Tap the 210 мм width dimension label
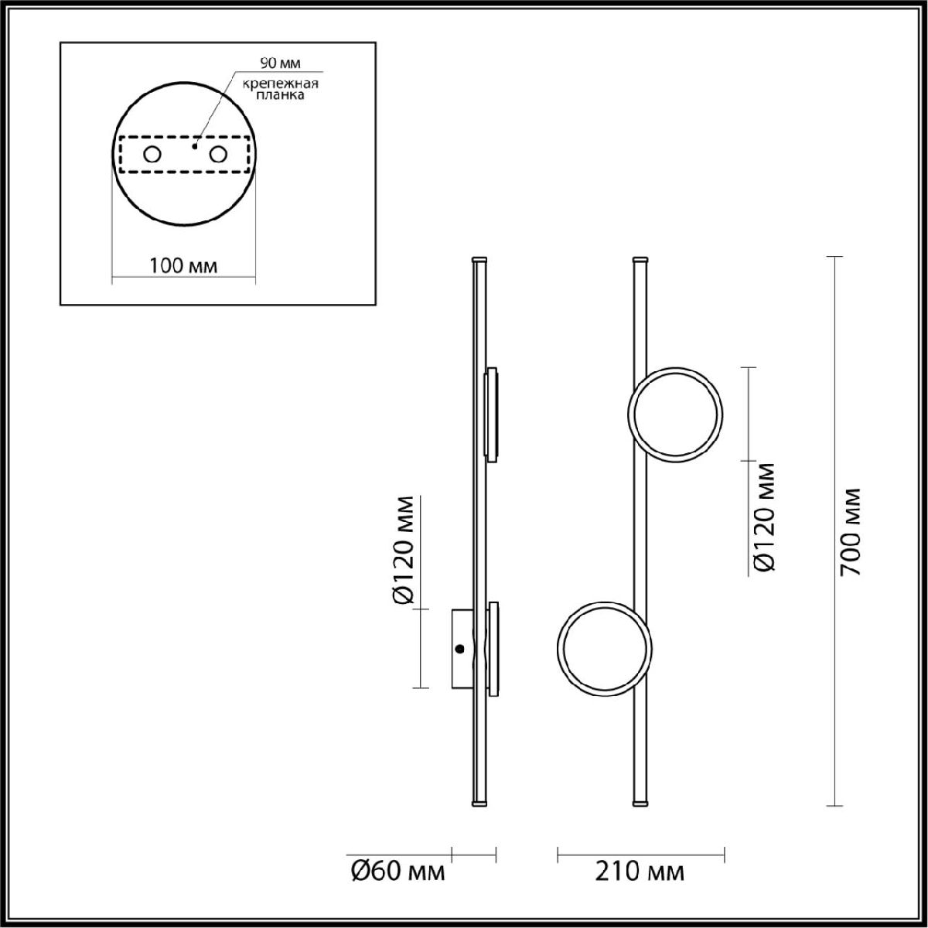pyautogui.click(x=640, y=872)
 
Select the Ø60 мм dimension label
pyautogui.click(x=398, y=872)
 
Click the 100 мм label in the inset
pyautogui.click(x=183, y=266)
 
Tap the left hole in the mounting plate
pyautogui.click(x=152, y=155)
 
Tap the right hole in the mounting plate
pyautogui.click(x=219, y=155)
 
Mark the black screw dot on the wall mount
pyautogui.click(x=459, y=649)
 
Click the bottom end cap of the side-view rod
pyautogui.click(x=479, y=806)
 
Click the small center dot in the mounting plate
pyautogui.click(x=195, y=145)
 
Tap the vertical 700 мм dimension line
pyautogui.click(x=834, y=387)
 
